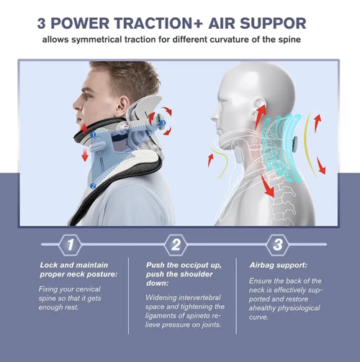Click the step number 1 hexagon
[x=69, y=245]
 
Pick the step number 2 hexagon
[x=175, y=245]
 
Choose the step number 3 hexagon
[x=278, y=245]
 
